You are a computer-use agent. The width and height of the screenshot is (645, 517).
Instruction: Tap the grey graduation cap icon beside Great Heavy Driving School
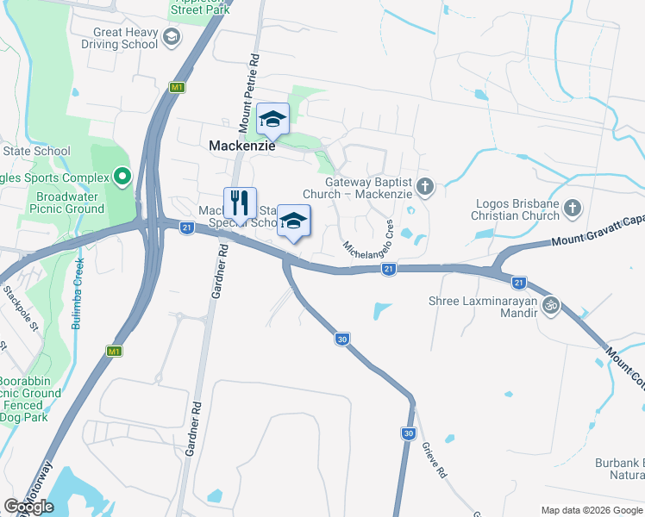coord(172,36)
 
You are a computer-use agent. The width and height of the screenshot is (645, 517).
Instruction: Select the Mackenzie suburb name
coord(242,146)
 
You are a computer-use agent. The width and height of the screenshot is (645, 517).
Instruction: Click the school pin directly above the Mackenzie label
coord(272,120)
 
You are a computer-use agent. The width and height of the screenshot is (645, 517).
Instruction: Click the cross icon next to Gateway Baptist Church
coord(424,186)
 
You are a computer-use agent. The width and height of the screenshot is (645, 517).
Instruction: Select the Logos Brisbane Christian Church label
coord(517,209)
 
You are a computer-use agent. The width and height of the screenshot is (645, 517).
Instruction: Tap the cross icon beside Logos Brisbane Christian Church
coord(573,209)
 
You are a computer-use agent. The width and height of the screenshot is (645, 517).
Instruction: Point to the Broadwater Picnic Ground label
coord(59,202)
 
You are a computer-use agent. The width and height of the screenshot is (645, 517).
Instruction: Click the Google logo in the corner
coord(29,507)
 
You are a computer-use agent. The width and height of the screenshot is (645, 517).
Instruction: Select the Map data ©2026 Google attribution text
coord(591,510)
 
